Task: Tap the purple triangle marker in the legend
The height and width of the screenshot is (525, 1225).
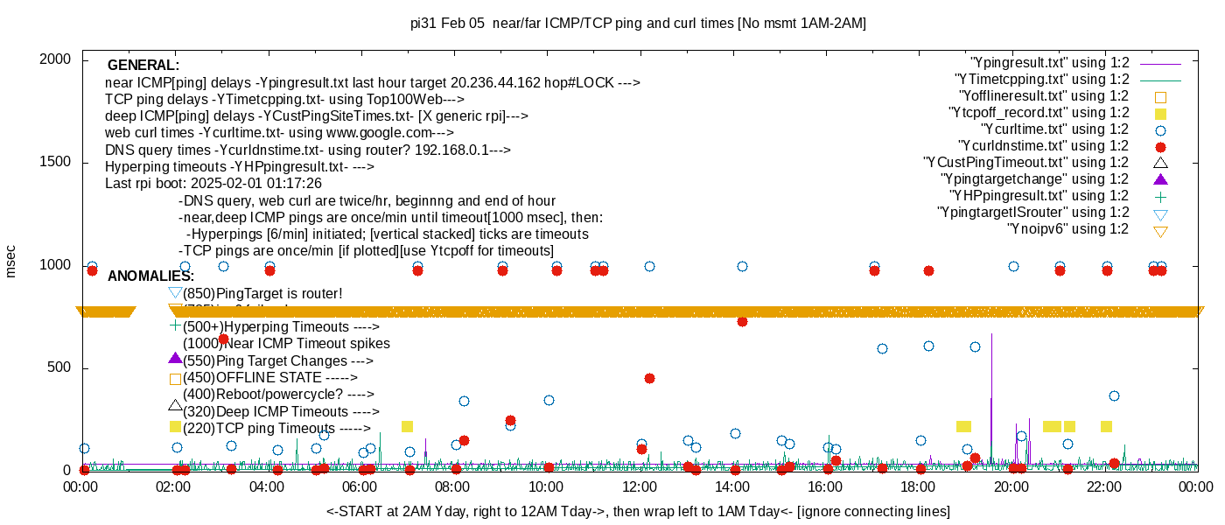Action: tap(1160, 179)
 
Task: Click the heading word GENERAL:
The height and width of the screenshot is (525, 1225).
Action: tap(143, 66)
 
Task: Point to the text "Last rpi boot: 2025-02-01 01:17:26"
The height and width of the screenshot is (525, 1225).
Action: tap(213, 184)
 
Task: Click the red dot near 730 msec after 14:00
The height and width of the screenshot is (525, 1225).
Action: tap(742, 321)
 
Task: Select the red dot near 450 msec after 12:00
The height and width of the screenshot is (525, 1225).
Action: tap(649, 378)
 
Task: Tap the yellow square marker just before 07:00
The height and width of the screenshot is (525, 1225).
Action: tap(407, 426)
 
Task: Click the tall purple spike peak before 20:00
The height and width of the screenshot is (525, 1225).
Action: tap(991, 334)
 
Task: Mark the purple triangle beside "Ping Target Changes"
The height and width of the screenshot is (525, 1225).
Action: tap(175, 358)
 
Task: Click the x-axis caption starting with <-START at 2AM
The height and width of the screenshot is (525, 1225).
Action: tap(638, 511)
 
